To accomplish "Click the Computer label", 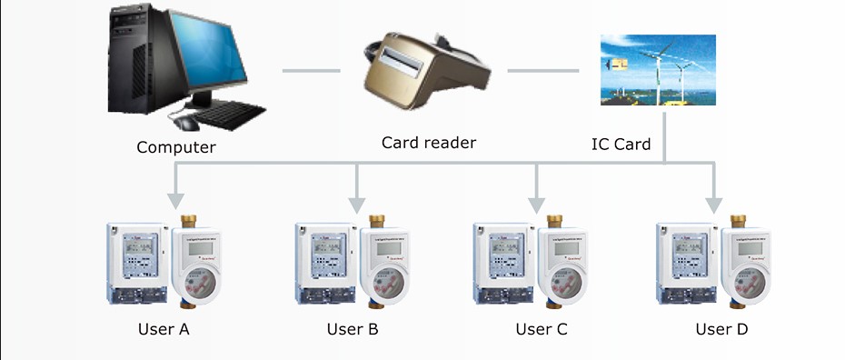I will click(176, 146).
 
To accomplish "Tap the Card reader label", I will click(429, 143).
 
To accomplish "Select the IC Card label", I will click(621, 144).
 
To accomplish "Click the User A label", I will click(164, 329).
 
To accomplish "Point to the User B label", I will click(353, 329).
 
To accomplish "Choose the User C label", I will click(541, 329).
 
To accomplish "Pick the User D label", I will click(721, 329).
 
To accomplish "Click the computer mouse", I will click(186, 123).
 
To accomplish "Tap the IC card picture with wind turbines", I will click(659, 70).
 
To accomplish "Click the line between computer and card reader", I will click(311, 70).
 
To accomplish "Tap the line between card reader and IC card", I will click(542, 70).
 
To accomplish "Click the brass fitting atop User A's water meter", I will click(189, 221).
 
